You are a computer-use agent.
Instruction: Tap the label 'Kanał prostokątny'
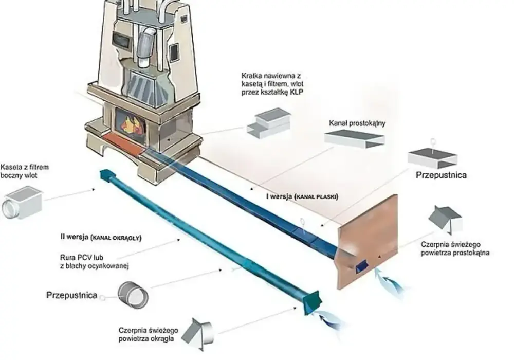tap(357, 123)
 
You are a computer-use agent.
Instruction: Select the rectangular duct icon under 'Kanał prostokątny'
tap(354, 139)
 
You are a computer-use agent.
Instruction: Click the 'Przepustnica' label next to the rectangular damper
tap(441, 175)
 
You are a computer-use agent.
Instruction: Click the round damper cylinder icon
tap(133, 295)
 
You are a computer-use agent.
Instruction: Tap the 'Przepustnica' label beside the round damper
tap(72, 295)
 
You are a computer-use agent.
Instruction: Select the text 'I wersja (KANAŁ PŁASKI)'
tap(302, 197)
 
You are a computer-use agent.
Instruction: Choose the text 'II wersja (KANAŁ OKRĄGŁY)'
tap(101, 237)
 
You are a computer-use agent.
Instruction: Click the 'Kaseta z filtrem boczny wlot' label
tap(25, 171)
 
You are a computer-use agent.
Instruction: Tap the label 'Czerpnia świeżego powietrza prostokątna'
tap(455, 248)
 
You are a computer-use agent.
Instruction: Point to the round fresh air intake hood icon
tap(198, 334)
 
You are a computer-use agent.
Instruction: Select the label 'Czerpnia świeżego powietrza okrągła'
tap(148, 334)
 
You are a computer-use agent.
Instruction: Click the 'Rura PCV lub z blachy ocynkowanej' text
tap(95, 261)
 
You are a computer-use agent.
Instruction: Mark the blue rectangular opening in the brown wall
tap(361, 266)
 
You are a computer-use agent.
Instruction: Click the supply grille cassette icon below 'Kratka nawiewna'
tap(269, 123)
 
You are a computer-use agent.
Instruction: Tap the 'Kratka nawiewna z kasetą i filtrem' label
tap(272, 84)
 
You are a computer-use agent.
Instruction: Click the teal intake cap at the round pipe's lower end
tap(313, 302)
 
